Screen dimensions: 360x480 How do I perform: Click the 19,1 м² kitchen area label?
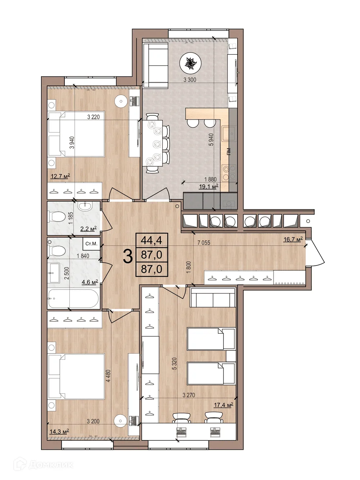[x=209, y=187]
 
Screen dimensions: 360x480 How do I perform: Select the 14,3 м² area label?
[x=59, y=431]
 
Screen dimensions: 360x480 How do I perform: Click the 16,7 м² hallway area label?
[x=293, y=239]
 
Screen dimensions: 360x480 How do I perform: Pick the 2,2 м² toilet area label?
[x=89, y=229]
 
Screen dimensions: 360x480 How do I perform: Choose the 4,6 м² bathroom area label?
[x=90, y=282]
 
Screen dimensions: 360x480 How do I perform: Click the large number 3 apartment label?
[x=128, y=257]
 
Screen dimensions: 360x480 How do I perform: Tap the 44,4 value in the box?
[x=152, y=241]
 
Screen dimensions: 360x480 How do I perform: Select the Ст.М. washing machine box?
[x=91, y=244]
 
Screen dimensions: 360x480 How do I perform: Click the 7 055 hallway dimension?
[x=204, y=242]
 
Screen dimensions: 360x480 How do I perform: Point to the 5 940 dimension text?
[x=211, y=140]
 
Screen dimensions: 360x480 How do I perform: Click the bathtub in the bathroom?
[x=73, y=299]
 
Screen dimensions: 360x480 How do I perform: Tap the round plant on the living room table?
[x=190, y=63]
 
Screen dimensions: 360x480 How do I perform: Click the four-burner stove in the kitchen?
[x=229, y=172]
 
